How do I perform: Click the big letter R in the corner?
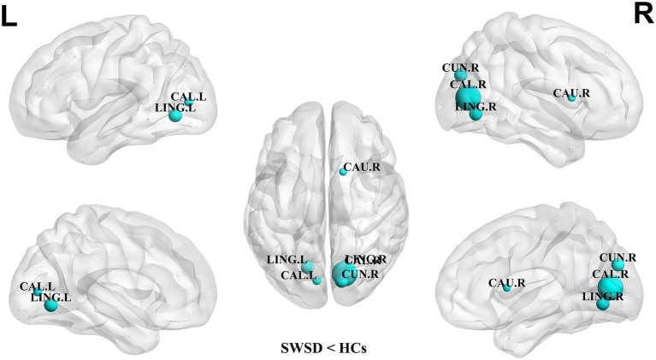click(644, 14)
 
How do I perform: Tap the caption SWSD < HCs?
click(328, 347)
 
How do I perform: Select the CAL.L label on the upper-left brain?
click(187, 96)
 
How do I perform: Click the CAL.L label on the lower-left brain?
click(38, 286)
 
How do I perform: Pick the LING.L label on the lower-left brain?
click(50, 296)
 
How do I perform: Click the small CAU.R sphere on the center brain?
click(344, 171)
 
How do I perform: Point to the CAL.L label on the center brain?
click(296, 274)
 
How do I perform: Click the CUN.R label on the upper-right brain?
click(460, 67)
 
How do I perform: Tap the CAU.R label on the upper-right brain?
click(570, 92)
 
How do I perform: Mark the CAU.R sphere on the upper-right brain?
click(571, 98)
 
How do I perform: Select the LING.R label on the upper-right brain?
click(476, 107)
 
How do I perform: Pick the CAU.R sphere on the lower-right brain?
click(507, 287)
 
